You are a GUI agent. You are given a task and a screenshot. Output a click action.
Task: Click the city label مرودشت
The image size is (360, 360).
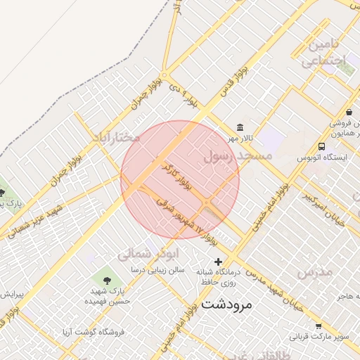click(x=226, y=305)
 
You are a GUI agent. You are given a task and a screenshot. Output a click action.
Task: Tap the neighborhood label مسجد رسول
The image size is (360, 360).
click(x=237, y=156)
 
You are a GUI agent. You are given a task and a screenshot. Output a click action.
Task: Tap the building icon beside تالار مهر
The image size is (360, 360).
click(x=240, y=127)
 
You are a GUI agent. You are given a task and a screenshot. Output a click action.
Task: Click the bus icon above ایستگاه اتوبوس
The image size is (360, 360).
click(x=321, y=147)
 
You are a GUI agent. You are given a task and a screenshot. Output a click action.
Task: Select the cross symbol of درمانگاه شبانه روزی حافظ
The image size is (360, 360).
click(x=218, y=262)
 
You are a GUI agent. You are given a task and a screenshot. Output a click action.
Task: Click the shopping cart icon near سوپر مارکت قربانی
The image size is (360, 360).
click(x=319, y=326)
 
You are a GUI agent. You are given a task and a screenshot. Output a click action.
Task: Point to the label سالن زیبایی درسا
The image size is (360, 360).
click(x=157, y=269)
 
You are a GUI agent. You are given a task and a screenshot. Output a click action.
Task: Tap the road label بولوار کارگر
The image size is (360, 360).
click(x=176, y=175)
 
